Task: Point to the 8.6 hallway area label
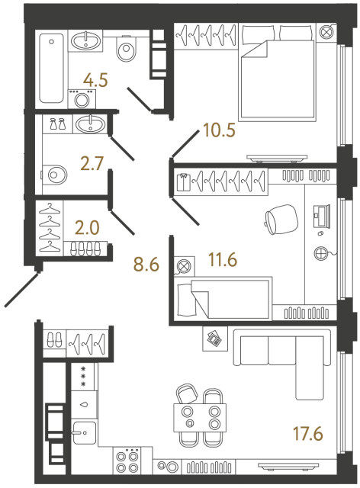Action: click(146, 266)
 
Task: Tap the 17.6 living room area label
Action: click(307, 435)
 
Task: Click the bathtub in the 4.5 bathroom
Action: click(52, 67)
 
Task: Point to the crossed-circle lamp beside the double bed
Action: click(327, 32)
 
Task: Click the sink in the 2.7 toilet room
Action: click(92, 122)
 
